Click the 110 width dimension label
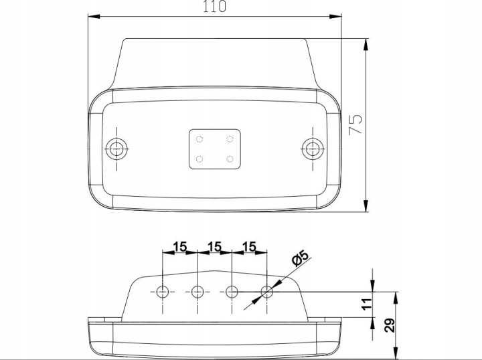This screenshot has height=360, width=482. coord(215,6)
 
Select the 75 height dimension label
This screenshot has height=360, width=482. coord(355,124)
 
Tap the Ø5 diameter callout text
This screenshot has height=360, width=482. coord(300,258)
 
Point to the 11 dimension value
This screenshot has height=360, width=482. coord(367,304)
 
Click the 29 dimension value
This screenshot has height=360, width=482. coord(390,325)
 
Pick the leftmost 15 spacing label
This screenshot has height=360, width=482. coord(180,246)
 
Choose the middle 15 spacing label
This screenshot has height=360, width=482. coord(215,246)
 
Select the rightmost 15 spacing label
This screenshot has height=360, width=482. coord(249,246)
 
